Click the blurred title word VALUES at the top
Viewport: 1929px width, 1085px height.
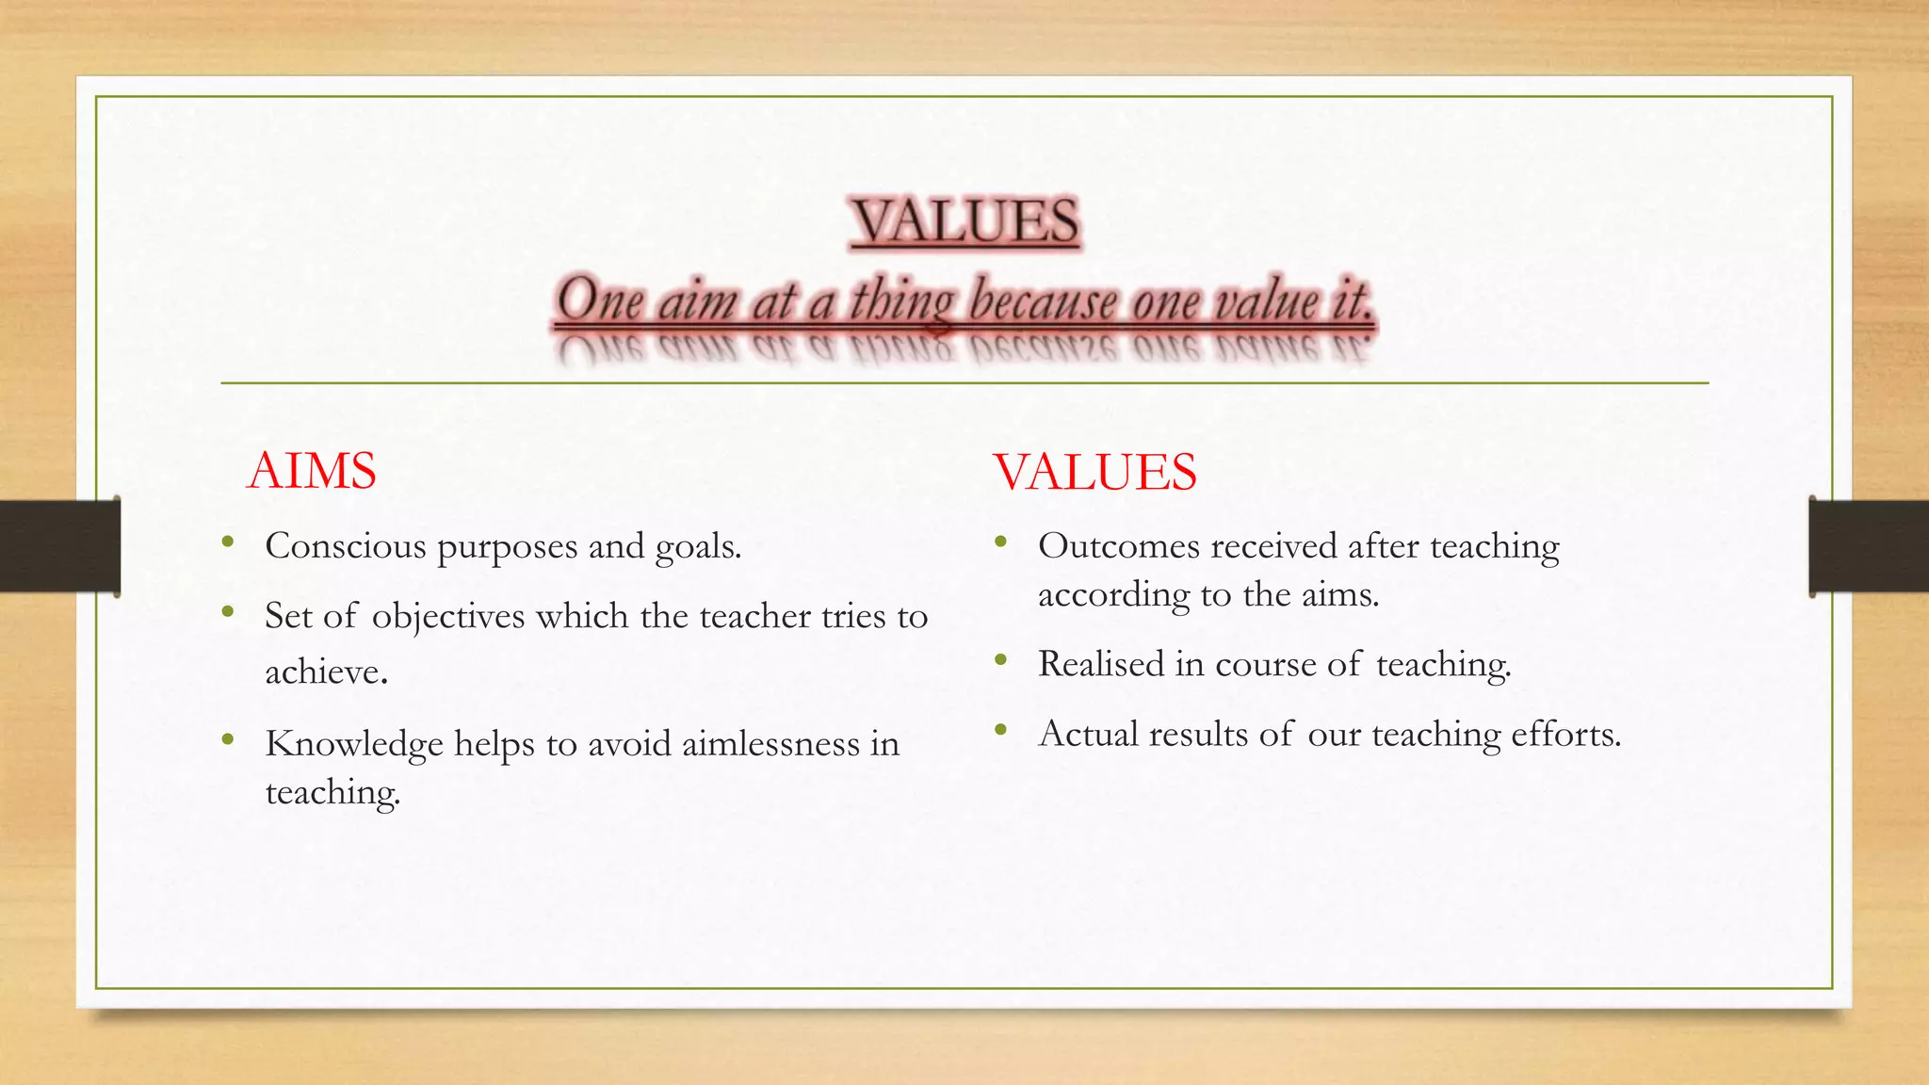tap(964, 222)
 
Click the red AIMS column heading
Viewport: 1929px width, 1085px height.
tap(311, 471)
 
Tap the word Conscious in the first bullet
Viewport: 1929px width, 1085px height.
tap(346, 546)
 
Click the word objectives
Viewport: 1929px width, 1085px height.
tap(448, 618)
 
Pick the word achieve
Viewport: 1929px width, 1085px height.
tap(326, 672)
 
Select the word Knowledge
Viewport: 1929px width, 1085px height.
tap(354, 745)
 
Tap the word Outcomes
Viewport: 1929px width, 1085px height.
tap(1120, 546)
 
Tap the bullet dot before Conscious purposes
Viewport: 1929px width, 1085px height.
tap(228, 542)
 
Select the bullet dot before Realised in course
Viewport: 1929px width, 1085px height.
tap(1000, 660)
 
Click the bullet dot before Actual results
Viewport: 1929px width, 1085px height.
tap(1000, 730)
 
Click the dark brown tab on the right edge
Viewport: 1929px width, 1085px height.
tap(1869, 546)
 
